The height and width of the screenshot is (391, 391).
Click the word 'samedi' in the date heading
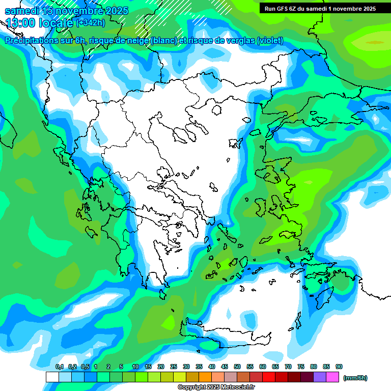[21, 11]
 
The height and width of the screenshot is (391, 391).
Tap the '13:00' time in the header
[21, 23]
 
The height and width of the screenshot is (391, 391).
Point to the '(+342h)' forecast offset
[90, 23]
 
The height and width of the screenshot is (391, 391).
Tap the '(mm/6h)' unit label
[355, 378]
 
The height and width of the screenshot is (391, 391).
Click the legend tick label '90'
[339, 367]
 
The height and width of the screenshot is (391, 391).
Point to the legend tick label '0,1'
[59, 367]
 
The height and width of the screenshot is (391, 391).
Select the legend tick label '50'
[237, 367]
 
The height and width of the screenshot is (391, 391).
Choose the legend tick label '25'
[174, 367]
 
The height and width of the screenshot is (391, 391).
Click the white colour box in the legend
[52, 377]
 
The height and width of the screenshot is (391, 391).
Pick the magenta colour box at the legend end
[332, 377]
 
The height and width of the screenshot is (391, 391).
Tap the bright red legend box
[269, 377]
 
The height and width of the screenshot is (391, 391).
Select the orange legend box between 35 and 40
[205, 377]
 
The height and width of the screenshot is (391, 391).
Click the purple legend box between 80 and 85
[320, 377]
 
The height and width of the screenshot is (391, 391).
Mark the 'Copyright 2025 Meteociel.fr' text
[216, 387]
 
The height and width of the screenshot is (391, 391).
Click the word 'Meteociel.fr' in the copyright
[237, 387]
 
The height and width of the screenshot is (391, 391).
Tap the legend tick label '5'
[121, 367]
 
